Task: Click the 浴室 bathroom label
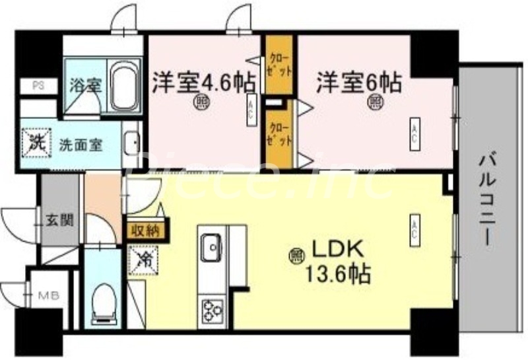[x=85, y=85]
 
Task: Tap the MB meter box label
[x=47, y=295]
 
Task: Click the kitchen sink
[x=213, y=248]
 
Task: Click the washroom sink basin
[x=131, y=143]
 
